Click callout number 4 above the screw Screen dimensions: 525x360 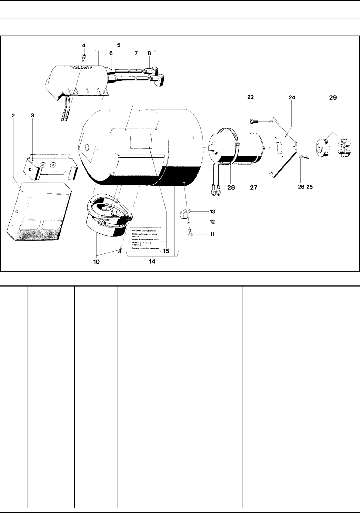(x=83, y=45)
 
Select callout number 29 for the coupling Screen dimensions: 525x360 (x=333, y=98)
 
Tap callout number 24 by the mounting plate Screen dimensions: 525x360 (x=292, y=98)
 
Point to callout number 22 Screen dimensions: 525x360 (x=250, y=97)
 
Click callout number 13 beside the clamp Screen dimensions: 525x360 (x=212, y=211)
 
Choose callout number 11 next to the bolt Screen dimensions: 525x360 (x=212, y=234)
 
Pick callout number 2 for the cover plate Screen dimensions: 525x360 (x=13, y=116)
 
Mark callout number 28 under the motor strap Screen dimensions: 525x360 (x=231, y=187)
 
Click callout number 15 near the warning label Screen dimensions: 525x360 (x=166, y=251)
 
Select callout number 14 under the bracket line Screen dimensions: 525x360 (x=152, y=261)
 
